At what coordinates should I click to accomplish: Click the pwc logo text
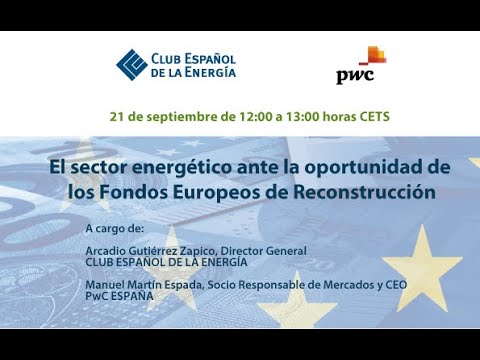point(354,76)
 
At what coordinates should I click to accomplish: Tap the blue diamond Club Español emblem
point(131,63)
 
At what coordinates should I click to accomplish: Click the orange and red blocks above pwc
point(371,55)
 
